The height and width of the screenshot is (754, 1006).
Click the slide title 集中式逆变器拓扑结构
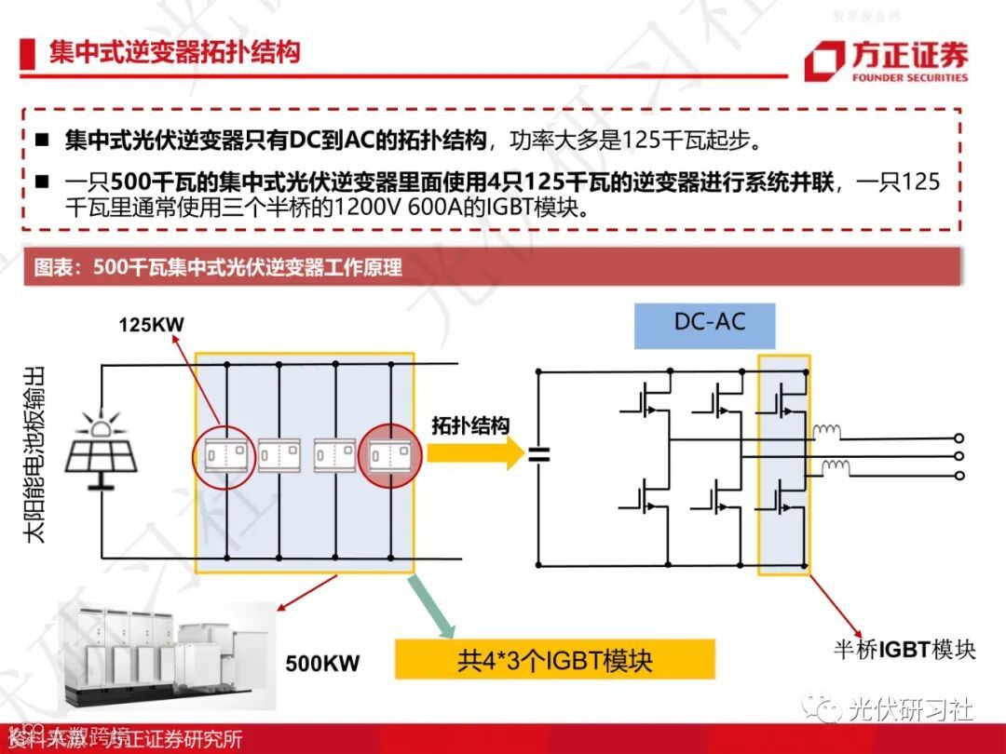(175, 51)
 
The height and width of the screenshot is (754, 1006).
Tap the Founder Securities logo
(885, 62)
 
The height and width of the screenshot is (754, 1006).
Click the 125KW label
(151, 325)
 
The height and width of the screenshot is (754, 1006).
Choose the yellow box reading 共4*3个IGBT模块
(554, 660)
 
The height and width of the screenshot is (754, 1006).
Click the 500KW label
(322, 664)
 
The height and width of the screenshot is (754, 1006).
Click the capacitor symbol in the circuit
(538, 454)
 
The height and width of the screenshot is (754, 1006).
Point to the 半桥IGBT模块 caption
(904, 649)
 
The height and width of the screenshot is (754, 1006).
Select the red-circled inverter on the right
(389, 454)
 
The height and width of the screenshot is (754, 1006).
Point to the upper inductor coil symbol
(826, 431)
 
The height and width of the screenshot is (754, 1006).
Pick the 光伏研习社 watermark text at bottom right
(908, 710)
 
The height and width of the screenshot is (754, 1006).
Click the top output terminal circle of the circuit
(959, 438)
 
